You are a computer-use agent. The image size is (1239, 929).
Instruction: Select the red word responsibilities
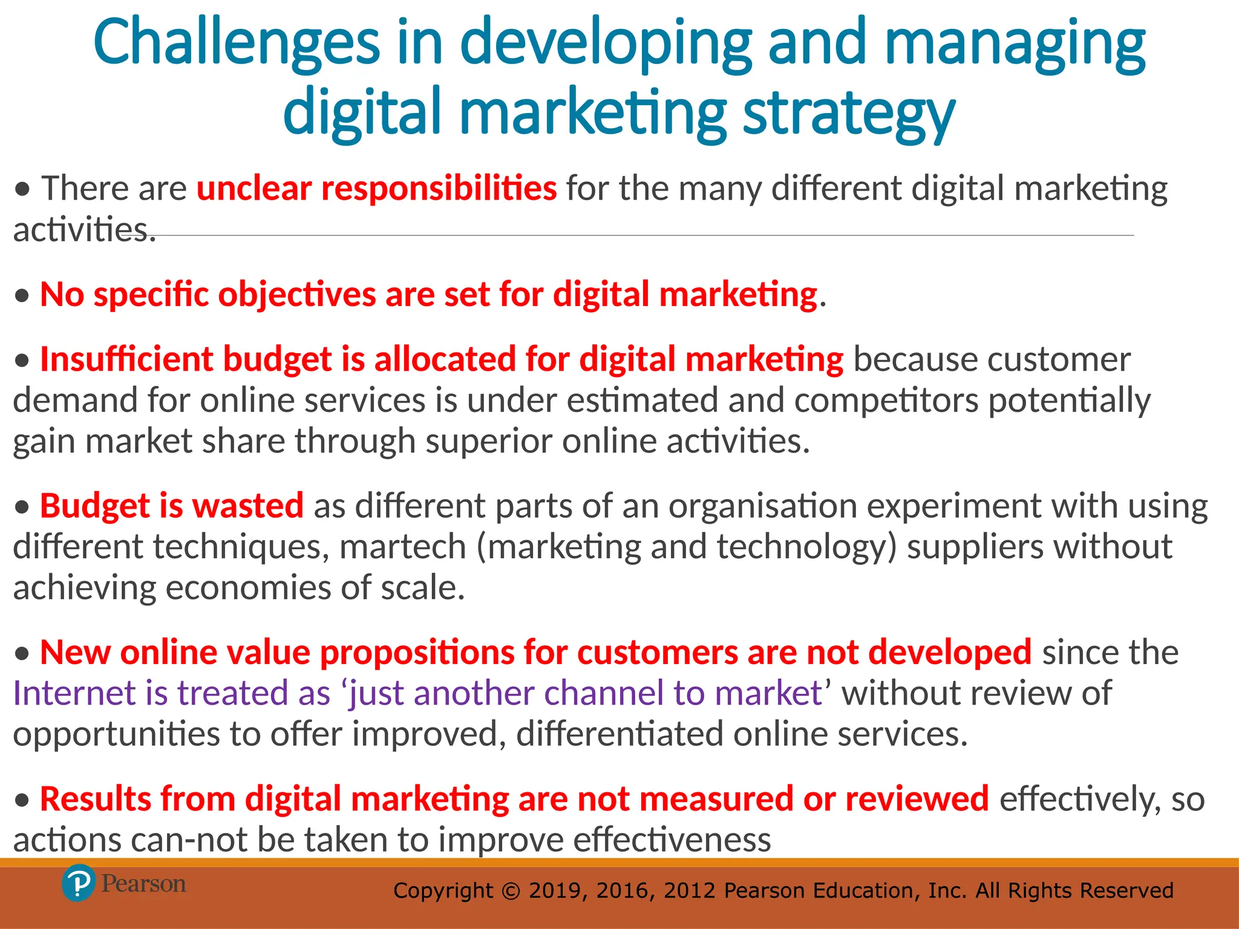coord(439,189)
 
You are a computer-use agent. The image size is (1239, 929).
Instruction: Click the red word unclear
coord(253,189)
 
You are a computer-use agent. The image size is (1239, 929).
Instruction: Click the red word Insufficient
coord(126,359)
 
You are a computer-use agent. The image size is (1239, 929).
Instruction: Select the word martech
coord(402,547)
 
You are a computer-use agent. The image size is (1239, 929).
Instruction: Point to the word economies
coord(247,588)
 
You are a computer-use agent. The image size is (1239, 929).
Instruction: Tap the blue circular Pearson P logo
coord(79,884)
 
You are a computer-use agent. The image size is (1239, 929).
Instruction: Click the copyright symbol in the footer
coord(511,891)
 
